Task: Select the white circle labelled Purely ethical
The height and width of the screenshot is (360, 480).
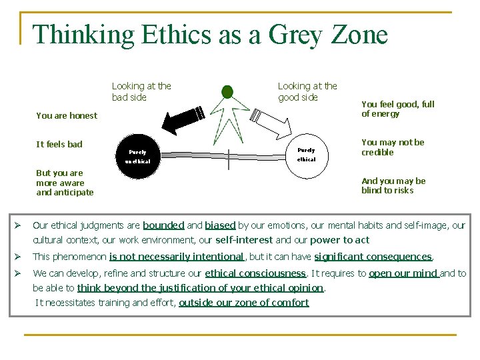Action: (x=306, y=155)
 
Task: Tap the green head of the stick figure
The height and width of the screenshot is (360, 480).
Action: (x=227, y=91)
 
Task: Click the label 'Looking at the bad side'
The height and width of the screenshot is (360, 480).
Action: (x=141, y=91)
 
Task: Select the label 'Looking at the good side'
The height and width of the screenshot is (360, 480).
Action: (x=307, y=91)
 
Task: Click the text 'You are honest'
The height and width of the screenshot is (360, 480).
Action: (x=67, y=115)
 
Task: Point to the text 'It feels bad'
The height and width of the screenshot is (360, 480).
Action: (x=59, y=144)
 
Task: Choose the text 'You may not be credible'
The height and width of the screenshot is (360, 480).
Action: (x=393, y=147)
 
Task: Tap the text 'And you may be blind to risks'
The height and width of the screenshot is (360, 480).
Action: (x=393, y=185)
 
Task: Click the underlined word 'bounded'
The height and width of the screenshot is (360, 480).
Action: (x=163, y=225)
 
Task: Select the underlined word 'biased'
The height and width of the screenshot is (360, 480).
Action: (x=220, y=225)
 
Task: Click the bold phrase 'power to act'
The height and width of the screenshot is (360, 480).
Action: (x=339, y=240)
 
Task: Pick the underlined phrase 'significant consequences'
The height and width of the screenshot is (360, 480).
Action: (x=373, y=257)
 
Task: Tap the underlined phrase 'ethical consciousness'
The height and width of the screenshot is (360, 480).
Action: (x=255, y=273)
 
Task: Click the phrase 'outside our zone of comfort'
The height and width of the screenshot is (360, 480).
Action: (x=244, y=303)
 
